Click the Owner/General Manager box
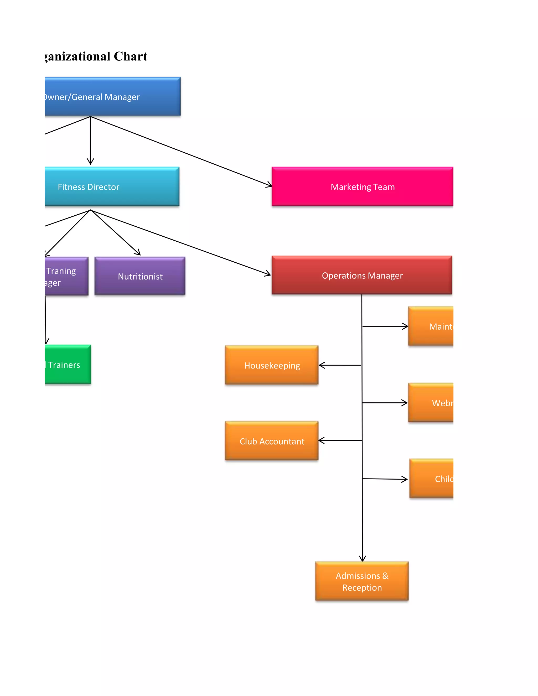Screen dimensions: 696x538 112,97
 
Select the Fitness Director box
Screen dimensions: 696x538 112,186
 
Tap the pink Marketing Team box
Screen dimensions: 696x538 362,187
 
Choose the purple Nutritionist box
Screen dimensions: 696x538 140,276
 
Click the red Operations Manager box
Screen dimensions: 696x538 362,275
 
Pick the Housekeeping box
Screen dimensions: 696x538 272,365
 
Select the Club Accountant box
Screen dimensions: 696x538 272,441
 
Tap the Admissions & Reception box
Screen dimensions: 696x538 362,581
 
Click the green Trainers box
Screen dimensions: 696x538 68,365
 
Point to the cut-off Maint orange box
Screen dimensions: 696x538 431,326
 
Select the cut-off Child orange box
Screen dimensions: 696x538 431,479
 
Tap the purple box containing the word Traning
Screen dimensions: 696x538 66,276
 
